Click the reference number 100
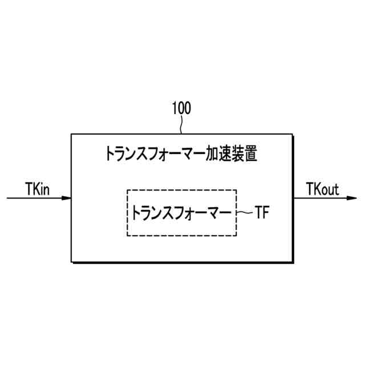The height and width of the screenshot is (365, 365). tap(181, 108)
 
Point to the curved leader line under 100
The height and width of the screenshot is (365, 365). tap(181, 125)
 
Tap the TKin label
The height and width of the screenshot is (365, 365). tap(39, 188)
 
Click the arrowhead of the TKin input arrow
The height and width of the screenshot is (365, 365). tap(67, 198)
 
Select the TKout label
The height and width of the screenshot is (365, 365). tap(323, 188)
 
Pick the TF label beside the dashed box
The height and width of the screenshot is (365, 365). tap(261, 213)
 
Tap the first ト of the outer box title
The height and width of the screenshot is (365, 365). tap(109, 153)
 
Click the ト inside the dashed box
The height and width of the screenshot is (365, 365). tap(136, 213)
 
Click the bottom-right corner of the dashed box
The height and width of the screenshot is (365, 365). tap(236, 236)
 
